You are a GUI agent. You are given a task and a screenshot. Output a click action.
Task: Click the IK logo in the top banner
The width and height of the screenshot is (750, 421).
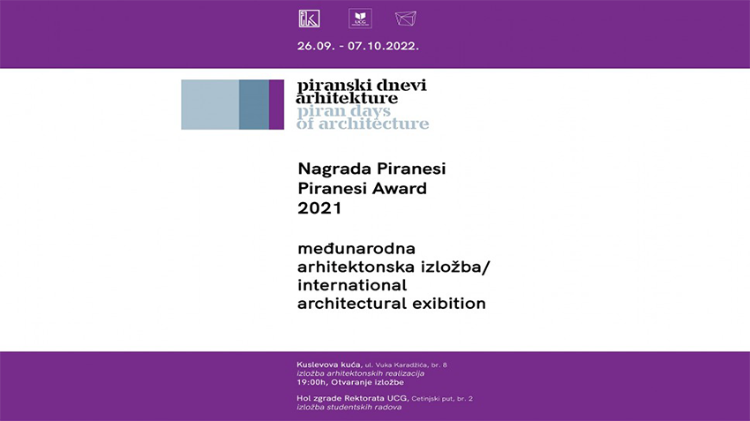click(x=309, y=19)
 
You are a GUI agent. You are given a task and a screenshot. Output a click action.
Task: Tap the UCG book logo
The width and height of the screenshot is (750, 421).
click(x=360, y=19)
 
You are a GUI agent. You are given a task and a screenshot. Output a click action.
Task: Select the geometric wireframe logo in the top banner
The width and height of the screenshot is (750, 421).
click(x=406, y=19)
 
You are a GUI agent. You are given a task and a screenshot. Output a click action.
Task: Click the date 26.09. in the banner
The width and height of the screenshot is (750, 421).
click(x=316, y=47)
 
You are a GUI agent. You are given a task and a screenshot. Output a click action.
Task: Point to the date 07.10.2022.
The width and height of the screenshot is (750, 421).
click(x=383, y=47)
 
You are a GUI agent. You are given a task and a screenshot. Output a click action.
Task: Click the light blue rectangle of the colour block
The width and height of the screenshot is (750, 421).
click(x=210, y=105)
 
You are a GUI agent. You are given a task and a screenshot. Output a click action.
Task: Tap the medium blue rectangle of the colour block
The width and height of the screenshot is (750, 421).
click(x=254, y=105)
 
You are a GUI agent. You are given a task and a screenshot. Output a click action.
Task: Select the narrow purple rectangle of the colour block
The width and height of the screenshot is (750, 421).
click(x=276, y=105)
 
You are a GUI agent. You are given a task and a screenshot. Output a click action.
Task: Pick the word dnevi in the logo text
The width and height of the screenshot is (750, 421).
click(x=401, y=86)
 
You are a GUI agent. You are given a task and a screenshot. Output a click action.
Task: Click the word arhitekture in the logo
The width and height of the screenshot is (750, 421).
click(x=347, y=98)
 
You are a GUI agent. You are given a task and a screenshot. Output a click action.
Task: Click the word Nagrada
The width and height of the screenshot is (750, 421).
click(x=334, y=169)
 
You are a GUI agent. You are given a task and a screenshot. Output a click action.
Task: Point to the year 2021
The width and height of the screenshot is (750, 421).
click(x=319, y=208)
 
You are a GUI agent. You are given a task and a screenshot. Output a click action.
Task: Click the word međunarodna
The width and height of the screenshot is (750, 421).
click(x=356, y=249)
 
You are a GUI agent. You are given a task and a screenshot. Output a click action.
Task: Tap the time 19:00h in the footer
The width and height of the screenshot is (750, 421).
click(x=311, y=382)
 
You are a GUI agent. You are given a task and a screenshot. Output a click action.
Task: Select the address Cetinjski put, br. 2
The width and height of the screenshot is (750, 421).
click(x=442, y=399)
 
